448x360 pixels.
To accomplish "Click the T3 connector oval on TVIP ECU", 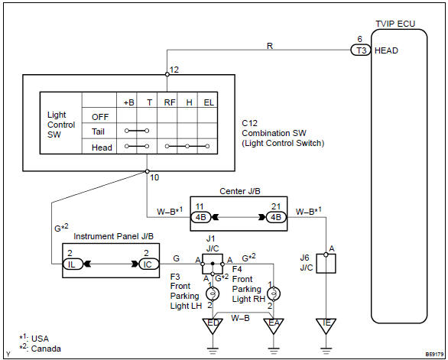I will [359, 50].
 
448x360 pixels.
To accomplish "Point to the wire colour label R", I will [270, 44].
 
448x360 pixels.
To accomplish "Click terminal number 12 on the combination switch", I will [174, 70].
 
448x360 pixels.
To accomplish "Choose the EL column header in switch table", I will [209, 102].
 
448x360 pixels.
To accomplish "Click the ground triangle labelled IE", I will [326, 325].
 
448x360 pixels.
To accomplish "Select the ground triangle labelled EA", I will [273, 324].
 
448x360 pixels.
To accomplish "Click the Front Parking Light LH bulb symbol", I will [209, 294].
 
